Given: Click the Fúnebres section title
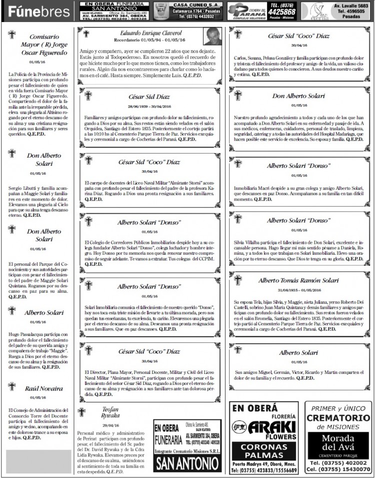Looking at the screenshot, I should point(38,11).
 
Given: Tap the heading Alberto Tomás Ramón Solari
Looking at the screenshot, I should point(298,280).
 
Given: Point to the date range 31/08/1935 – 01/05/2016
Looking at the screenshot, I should point(299,290).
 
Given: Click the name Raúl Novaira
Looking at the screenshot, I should point(44,388).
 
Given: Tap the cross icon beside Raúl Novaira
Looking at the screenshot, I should point(12,386).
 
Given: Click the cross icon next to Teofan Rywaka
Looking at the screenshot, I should point(82,412).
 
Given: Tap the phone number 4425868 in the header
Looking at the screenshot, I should point(281,12).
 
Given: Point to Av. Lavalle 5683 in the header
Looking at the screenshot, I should point(349,5).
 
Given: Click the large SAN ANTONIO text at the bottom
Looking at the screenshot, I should point(187,463).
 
